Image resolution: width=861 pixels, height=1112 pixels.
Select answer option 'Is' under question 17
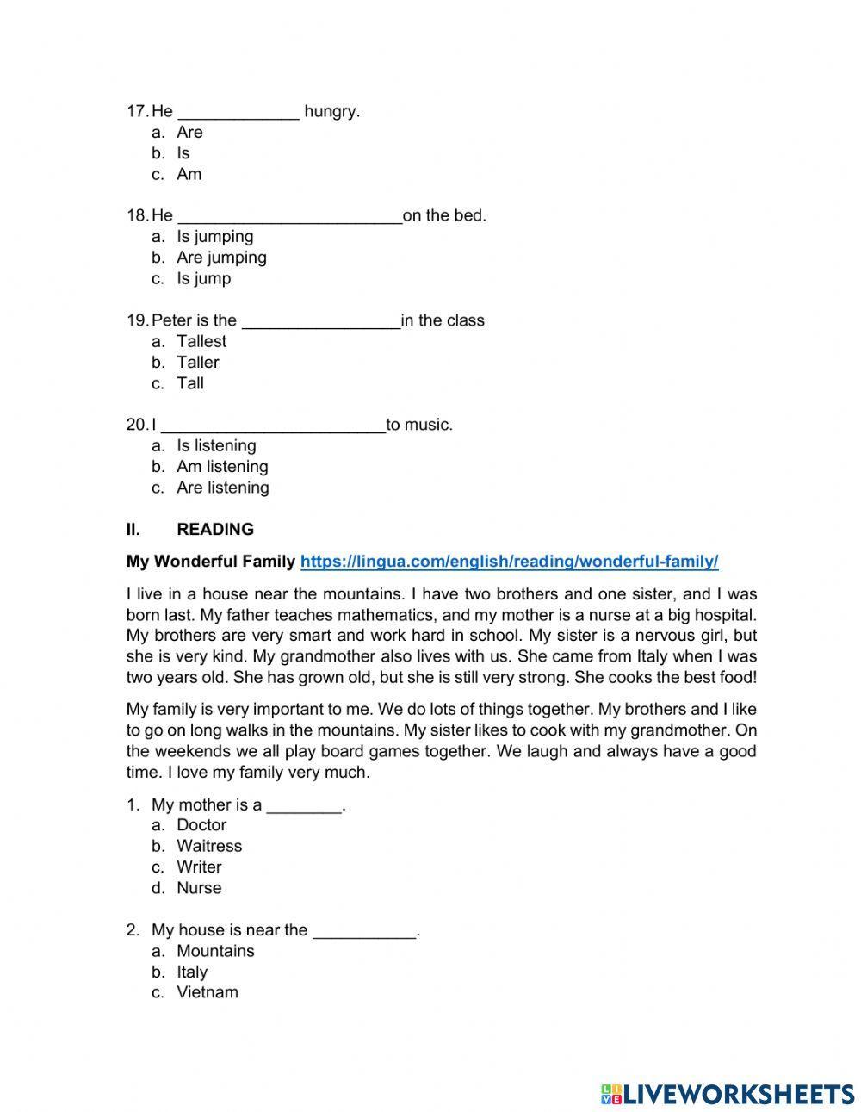pos(183,153)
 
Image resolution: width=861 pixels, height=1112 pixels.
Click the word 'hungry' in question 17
pos(330,111)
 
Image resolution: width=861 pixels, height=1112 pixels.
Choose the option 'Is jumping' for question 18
pos(214,237)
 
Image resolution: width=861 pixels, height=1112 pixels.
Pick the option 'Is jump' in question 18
pos(203,278)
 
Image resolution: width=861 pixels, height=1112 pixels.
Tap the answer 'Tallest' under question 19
pos(201,341)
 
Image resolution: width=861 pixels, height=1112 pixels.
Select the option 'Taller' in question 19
pos(197,363)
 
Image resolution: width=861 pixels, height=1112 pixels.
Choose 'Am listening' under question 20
pos(222,467)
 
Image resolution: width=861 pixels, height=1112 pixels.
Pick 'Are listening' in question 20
pos(222,488)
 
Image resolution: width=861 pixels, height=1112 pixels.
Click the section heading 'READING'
pos(215,530)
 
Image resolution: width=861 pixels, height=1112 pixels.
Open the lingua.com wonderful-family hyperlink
pos(509,562)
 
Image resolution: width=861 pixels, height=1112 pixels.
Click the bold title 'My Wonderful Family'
pos(210,562)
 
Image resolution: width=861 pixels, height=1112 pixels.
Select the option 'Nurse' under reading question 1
pos(199,888)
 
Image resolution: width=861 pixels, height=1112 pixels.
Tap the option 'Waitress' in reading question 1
pos(209,846)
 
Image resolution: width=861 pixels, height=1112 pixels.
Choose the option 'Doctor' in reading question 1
pos(201,825)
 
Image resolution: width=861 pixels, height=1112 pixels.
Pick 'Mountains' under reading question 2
pos(215,951)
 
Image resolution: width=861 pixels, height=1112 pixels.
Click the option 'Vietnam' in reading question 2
pos(208,992)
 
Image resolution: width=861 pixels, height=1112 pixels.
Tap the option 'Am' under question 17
pos(189,174)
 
